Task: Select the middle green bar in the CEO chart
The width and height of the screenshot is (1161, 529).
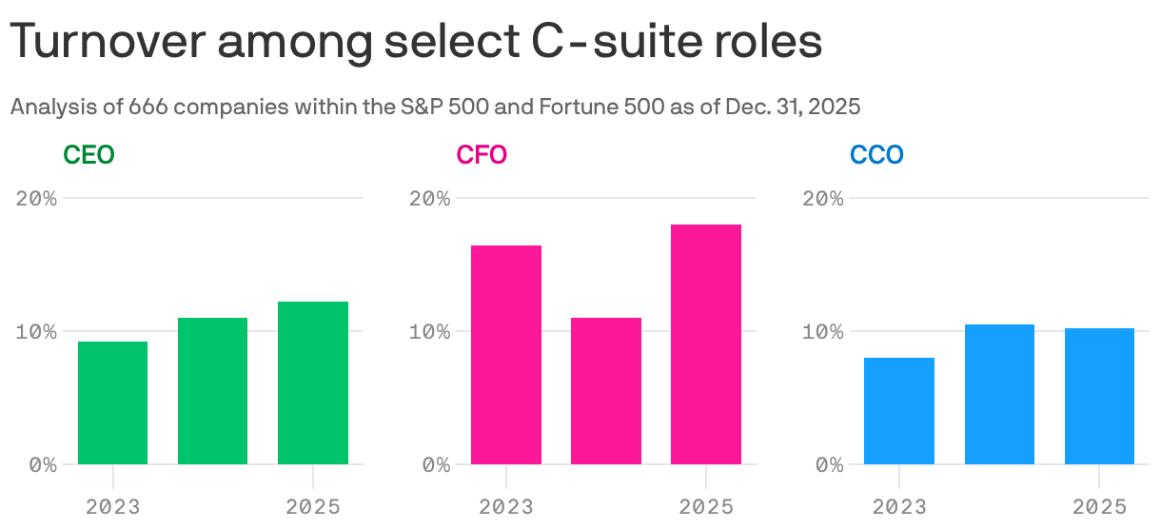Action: [212, 391]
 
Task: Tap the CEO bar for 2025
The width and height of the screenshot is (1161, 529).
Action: [313, 382]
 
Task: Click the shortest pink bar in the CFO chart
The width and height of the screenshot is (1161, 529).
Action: [606, 391]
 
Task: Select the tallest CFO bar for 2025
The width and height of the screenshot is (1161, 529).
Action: [706, 344]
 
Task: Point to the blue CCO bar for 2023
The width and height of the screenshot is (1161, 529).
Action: [899, 411]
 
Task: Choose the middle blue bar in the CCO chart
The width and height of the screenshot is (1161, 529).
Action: [999, 394]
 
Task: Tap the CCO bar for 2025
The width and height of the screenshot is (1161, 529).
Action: [1099, 396]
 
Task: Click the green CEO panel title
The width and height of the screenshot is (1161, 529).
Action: [89, 154]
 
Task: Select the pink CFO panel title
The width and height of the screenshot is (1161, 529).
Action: [482, 154]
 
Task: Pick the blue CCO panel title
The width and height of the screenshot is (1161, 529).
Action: [876, 154]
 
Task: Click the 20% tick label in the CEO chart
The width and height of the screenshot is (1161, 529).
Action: [37, 199]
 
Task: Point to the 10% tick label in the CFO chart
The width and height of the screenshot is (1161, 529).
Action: [430, 332]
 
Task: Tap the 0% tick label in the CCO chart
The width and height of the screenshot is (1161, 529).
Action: [830, 465]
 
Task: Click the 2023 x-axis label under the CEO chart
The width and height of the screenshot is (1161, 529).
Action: [112, 507]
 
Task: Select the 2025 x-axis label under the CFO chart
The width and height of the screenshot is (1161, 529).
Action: [706, 507]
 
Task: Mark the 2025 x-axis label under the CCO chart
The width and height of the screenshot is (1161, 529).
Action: [1099, 507]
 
